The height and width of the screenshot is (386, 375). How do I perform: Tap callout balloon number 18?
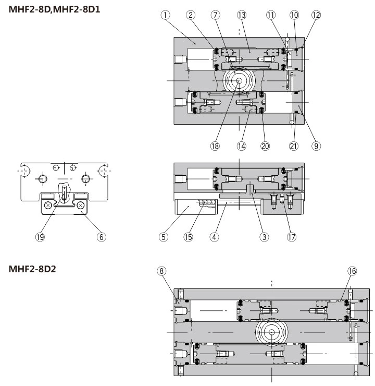(x=215, y=147)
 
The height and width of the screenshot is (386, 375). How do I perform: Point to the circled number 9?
(x=316, y=147)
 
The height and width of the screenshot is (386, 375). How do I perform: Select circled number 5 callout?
(x=164, y=237)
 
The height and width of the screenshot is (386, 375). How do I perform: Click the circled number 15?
(x=189, y=237)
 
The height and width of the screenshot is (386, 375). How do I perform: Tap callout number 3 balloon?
(x=265, y=237)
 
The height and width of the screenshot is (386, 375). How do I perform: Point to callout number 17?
(x=291, y=237)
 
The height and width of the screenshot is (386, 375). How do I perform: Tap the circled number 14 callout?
(x=241, y=147)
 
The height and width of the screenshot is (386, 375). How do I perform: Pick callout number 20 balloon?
(x=266, y=147)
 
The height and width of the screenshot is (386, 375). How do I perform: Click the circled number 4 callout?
(x=214, y=237)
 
